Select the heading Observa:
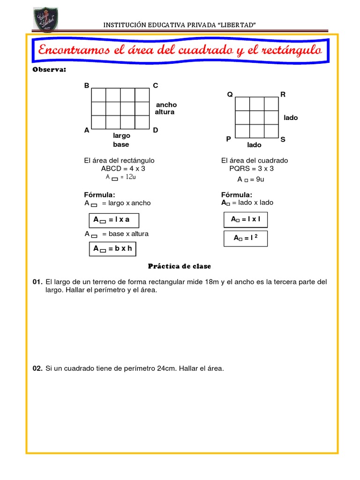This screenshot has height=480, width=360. click(x=49, y=70)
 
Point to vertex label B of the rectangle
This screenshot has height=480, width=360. click(x=86, y=85)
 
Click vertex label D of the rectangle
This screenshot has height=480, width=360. click(x=156, y=130)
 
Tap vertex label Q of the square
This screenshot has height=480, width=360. click(x=230, y=94)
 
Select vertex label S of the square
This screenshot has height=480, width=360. click(x=283, y=139)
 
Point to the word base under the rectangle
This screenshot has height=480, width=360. click(x=121, y=144)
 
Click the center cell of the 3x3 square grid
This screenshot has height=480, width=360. click(x=257, y=117)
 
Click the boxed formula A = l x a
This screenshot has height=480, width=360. click(x=114, y=219)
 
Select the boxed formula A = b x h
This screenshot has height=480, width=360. click(x=112, y=249)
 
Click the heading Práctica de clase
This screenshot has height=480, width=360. click(x=180, y=266)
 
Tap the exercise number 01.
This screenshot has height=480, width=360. click(x=37, y=282)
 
